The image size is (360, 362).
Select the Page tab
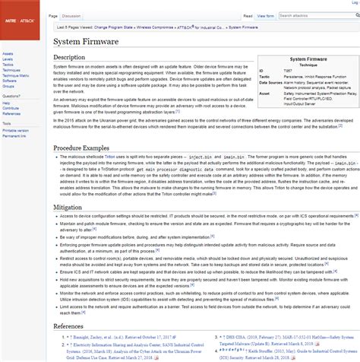click(x=52, y=14)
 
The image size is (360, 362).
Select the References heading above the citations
click(x=74, y=325)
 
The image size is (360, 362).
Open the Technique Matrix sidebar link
click(x=14, y=75)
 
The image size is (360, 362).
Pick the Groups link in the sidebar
click(x=8, y=85)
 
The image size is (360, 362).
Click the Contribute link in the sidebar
click(x=11, y=108)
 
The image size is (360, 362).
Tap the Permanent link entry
click(x=14, y=135)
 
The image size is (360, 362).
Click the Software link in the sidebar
click(x=8, y=80)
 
